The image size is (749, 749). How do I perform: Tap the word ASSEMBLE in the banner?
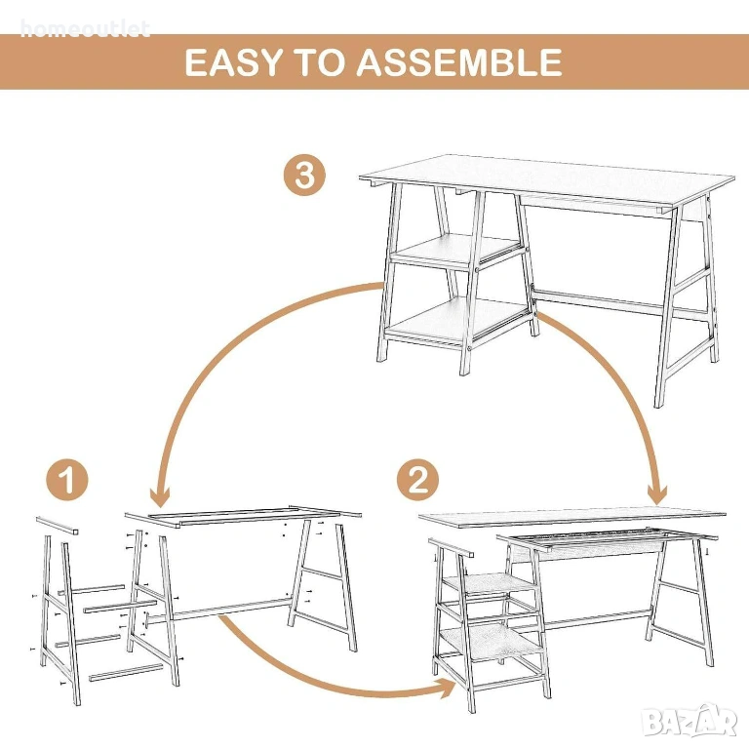click(459, 62)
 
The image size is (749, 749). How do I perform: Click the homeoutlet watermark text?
click(85, 29)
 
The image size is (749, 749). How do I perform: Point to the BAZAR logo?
click(690, 722)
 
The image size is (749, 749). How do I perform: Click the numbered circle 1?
click(67, 480)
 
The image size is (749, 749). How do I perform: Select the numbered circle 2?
click(417, 480)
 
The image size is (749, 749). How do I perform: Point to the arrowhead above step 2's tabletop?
click(657, 493)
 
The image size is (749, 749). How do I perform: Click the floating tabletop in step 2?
click(572, 518)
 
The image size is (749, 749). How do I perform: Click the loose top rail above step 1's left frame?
click(58, 525)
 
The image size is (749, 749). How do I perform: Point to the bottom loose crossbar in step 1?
click(126, 672)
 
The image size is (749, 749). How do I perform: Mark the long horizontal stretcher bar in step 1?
click(219, 611)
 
